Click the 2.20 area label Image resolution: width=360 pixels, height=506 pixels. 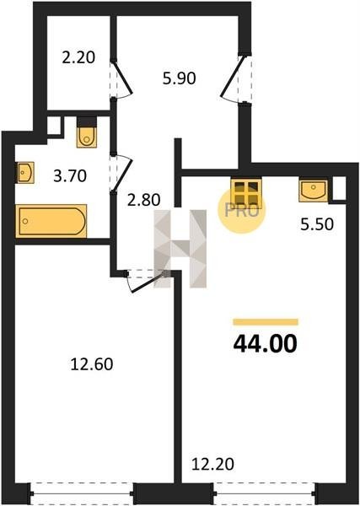pyautogui.click(x=78, y=57)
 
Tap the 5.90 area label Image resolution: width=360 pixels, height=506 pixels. pyautogui.click(x=179, y=78)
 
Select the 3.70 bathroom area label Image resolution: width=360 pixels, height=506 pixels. pyautogui.click(x=70, y=176)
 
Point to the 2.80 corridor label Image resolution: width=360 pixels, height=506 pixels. pyautogui.click(x=144, y=200)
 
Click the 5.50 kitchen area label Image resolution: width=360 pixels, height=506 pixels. pyautogui.click(x=317, y=224)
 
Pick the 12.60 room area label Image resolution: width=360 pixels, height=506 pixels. pyautogui.click(x=92, y=364)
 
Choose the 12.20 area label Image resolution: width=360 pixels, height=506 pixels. pyautogui.click(x=212, y=465)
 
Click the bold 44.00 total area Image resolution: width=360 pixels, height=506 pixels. pyautogui.click(x=265, y=344)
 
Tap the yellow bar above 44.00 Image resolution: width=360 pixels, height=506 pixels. pyautogui.click(x=266, y=322)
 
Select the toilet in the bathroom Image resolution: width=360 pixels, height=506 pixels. pyautogui.click(x=87, y=132)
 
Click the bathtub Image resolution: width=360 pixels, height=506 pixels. pyautogui.click(x=51, y=221)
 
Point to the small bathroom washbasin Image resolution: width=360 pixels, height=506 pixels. pyautogui.click(x=25, y=173)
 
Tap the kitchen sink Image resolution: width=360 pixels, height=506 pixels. pyautogui.click(x=313, y=191)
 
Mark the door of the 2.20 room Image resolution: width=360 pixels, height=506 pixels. pyautogui.click(x=121, y=78)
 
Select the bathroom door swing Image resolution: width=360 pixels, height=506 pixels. pyautogui.click(x=121, y=174)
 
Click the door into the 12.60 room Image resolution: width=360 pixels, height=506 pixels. pyautogui.click(x=147, y=282)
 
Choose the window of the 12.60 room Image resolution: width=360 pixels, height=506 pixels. pyautogui.click(x=82, y=493)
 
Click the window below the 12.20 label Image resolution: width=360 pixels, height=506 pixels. pyautogui.click(x=265, y=493)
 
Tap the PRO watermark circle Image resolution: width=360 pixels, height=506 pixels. pyautogui.click(x=241, y=210)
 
